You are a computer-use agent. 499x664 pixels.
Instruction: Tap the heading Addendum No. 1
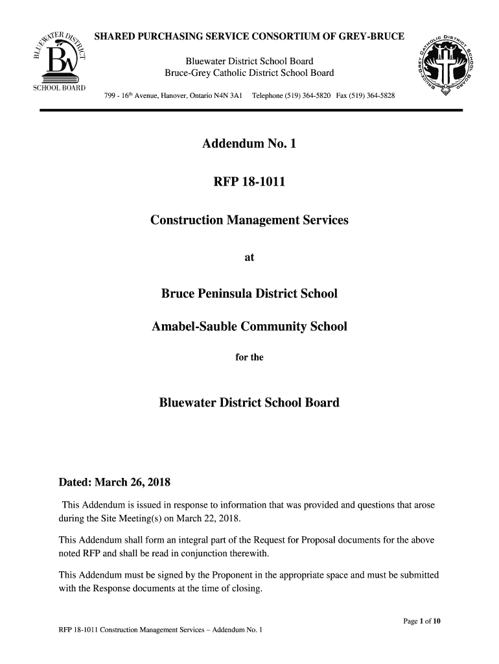[249, 144]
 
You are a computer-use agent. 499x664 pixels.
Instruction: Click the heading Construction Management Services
[249, 220]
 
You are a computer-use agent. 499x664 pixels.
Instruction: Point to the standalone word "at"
[249, 257]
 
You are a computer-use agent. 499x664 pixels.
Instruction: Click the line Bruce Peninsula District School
[249, 294]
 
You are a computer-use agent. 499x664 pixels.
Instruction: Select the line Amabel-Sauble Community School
[249, 327]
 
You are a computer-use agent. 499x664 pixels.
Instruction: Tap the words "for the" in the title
[249, 357]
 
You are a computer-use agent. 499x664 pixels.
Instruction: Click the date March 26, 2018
[132, 482]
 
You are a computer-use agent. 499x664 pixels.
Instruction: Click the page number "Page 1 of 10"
[422, 622]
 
